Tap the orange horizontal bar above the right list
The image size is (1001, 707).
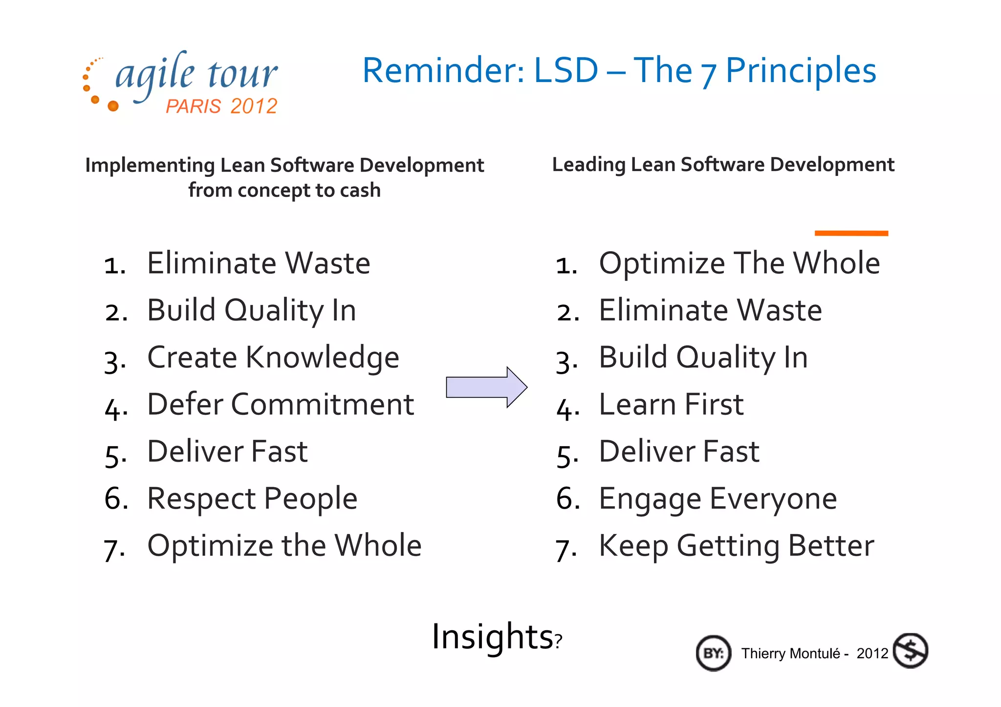(x=851, y=233)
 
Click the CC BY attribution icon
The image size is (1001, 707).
(x=713, y=653)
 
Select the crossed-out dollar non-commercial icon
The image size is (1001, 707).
(x=910, y=651)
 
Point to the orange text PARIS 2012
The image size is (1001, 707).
(x=221, y=106)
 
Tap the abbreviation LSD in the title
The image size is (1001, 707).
(x=566, y=71)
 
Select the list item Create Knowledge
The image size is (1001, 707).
(x=273, y=358)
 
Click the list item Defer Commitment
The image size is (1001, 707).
(x=281, y=405)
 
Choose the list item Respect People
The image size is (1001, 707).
(x=252, y=499)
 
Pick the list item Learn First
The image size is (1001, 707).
(x=671, y=405)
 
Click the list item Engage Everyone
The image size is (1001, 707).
(x=718, y=499)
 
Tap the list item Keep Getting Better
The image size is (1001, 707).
(x=736, y=546)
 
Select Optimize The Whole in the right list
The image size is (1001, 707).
(x=739, y=263)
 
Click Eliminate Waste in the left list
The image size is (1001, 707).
(x=259, y=263)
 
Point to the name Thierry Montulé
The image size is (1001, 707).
(x=790, y=654)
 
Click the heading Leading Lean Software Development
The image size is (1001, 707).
(x=723, y=165)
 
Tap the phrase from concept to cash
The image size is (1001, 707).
(x=284, y=190)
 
